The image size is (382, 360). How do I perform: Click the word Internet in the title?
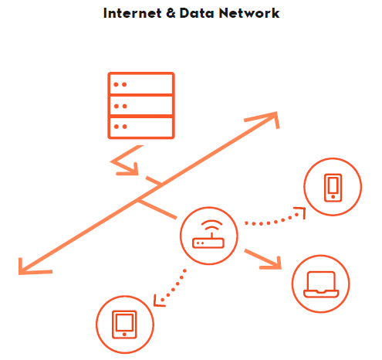click(133, 13)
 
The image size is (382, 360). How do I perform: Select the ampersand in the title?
click(171, 13)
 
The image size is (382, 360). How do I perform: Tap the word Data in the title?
click(197, 13)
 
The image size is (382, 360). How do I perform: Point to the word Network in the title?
click(249, 13)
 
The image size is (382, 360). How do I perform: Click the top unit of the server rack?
click(141, 83)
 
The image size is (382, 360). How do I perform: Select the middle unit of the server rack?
click(141, 106)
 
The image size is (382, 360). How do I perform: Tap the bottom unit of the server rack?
click(141, 127)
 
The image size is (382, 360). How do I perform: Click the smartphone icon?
click(333, 188)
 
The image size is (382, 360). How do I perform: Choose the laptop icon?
click(321, 284)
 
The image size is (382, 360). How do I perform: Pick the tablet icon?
click(124, 324)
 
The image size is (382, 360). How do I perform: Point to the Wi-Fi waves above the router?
click(211, 226)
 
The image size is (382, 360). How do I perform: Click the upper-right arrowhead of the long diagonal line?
click(268, 118)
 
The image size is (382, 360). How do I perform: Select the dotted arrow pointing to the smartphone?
click(276, 221)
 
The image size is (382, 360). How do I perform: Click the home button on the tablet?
click(124, 335)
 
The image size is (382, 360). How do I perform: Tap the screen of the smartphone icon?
click(333, 185)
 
